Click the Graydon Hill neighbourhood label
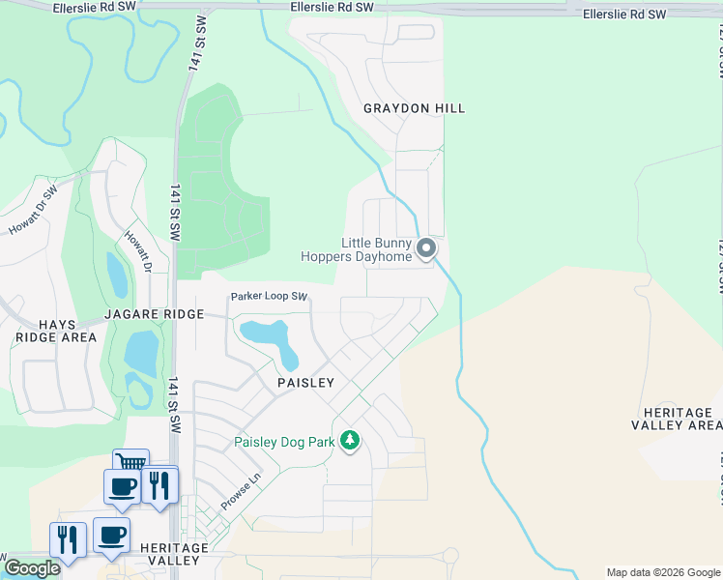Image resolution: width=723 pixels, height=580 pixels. pyautogui.click(x=414, y=108)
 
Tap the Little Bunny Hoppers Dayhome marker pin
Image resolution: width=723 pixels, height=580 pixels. pyautogui.click(x=426, y=250)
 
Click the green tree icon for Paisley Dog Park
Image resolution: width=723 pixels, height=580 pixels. pyautogui.click(x=350, y=442)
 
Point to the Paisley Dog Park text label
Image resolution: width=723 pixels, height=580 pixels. pyautogui.click(x=284, y=443)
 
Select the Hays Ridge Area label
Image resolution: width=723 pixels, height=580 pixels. pyautogui.click(x=56, y=330)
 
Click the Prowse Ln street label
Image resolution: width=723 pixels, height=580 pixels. pyautogui.click(x=242, y=491)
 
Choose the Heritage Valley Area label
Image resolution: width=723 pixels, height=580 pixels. pyautogui.click(x=677, y=418)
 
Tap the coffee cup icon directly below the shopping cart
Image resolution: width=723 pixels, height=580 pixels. pyautogui.click(x=122, y=485)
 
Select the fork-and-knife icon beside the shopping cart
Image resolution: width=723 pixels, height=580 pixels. pyautogui.click(x=159, y=483)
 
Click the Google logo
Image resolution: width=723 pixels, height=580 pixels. pyautogui.click(x=32, y=568)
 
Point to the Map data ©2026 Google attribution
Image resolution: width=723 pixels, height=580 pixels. pyautogui.click(x=662, y=572)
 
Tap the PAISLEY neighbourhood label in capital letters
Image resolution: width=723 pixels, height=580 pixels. pyautogui.click(x=305, y=383)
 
